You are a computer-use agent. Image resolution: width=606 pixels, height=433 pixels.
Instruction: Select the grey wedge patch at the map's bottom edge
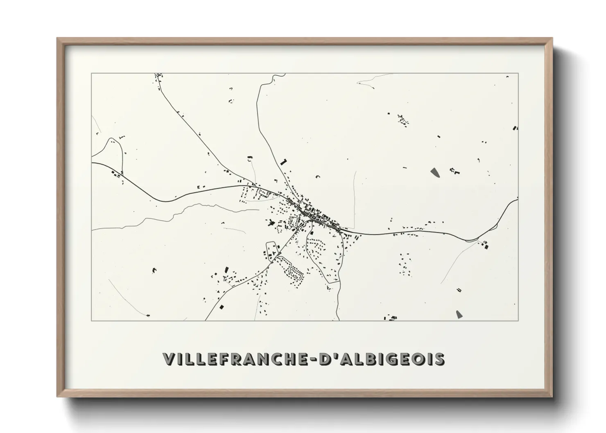[459, 314]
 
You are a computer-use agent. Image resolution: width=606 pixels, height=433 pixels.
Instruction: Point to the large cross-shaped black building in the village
[271, 223]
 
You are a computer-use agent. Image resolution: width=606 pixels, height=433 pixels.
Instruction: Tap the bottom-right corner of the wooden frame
[552, 397]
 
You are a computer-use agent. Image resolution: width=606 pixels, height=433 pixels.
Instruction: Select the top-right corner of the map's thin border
[518, 73]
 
